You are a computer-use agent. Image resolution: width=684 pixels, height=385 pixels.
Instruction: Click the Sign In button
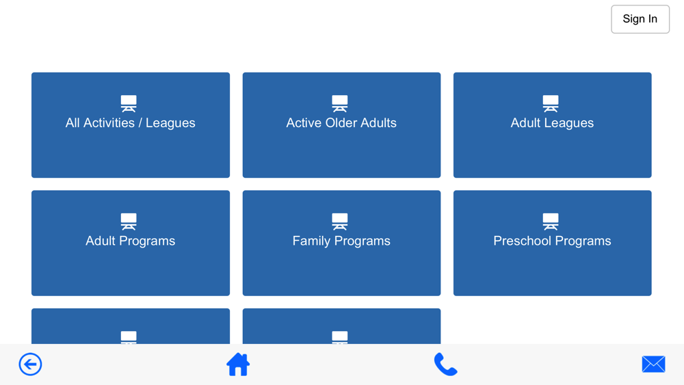click(640, 19)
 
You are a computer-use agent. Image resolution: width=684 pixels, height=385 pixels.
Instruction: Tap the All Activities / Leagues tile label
click(131, 123)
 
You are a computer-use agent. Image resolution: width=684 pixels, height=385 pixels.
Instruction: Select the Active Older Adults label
click(341, 123)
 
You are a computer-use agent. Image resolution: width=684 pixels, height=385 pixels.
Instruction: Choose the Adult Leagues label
click(552, 123)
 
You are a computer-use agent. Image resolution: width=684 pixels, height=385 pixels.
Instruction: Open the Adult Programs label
click(131, 241)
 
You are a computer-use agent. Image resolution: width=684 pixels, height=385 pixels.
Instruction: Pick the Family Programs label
click(341, 241)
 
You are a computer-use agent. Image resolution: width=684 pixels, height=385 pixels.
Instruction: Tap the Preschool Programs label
click(552, 241)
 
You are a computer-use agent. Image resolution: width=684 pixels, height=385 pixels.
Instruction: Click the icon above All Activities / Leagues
click(129, 104)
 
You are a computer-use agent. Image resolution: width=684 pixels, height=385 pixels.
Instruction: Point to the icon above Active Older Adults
click(340, 104)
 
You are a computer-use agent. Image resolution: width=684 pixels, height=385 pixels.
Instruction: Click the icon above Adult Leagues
click(551, 104)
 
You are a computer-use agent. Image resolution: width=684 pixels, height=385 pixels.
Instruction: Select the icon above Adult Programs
click(129, 222)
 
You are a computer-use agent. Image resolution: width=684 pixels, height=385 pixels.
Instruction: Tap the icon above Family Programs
click(340, 222)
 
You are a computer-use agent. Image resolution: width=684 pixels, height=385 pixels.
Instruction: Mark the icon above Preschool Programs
click(551, 222)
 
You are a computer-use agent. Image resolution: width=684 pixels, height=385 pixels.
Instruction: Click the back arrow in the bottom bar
click(30, 364)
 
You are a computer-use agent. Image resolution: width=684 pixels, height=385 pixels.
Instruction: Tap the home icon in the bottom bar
click(238, 364)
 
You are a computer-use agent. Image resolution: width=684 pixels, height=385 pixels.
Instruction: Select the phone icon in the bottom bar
click(446, 364)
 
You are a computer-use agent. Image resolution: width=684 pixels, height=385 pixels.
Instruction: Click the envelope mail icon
click(653, 364)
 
